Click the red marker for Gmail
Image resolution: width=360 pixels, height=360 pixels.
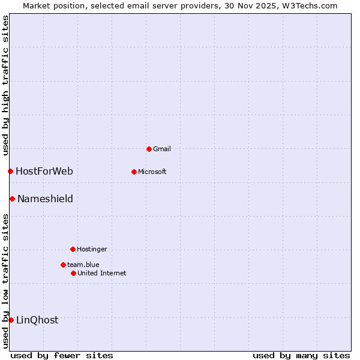coord(149,149)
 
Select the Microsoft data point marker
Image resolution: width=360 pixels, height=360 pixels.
coord(134,172)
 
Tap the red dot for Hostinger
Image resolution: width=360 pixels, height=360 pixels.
coord(73,249)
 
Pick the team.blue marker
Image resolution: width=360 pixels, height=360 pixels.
coord(63,265)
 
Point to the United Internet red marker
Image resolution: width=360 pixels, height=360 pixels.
coord(73,273)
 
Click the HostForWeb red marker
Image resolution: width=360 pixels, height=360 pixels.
coord(10,172)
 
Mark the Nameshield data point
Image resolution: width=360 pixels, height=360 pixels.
coord(12,199)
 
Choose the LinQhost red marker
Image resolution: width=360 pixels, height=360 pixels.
coord(11,320)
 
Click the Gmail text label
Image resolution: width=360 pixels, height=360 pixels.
coord(163,149)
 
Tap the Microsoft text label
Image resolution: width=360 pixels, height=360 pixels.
coord(152,172)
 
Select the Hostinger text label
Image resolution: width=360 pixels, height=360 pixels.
coord(92,249)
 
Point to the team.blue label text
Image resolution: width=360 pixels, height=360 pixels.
coord(83,265)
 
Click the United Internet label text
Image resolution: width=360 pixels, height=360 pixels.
coord(101,273)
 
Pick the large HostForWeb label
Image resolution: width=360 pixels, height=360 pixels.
coord(44,172)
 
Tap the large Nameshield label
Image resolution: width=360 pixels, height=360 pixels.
coord(45,199)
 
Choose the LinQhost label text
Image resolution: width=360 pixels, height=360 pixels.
coord(37,320)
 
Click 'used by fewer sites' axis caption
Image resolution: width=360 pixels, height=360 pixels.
coord(62,355)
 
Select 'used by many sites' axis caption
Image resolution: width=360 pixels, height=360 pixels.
coord(301,355)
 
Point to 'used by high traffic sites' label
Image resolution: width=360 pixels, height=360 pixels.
coord(5,86)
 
